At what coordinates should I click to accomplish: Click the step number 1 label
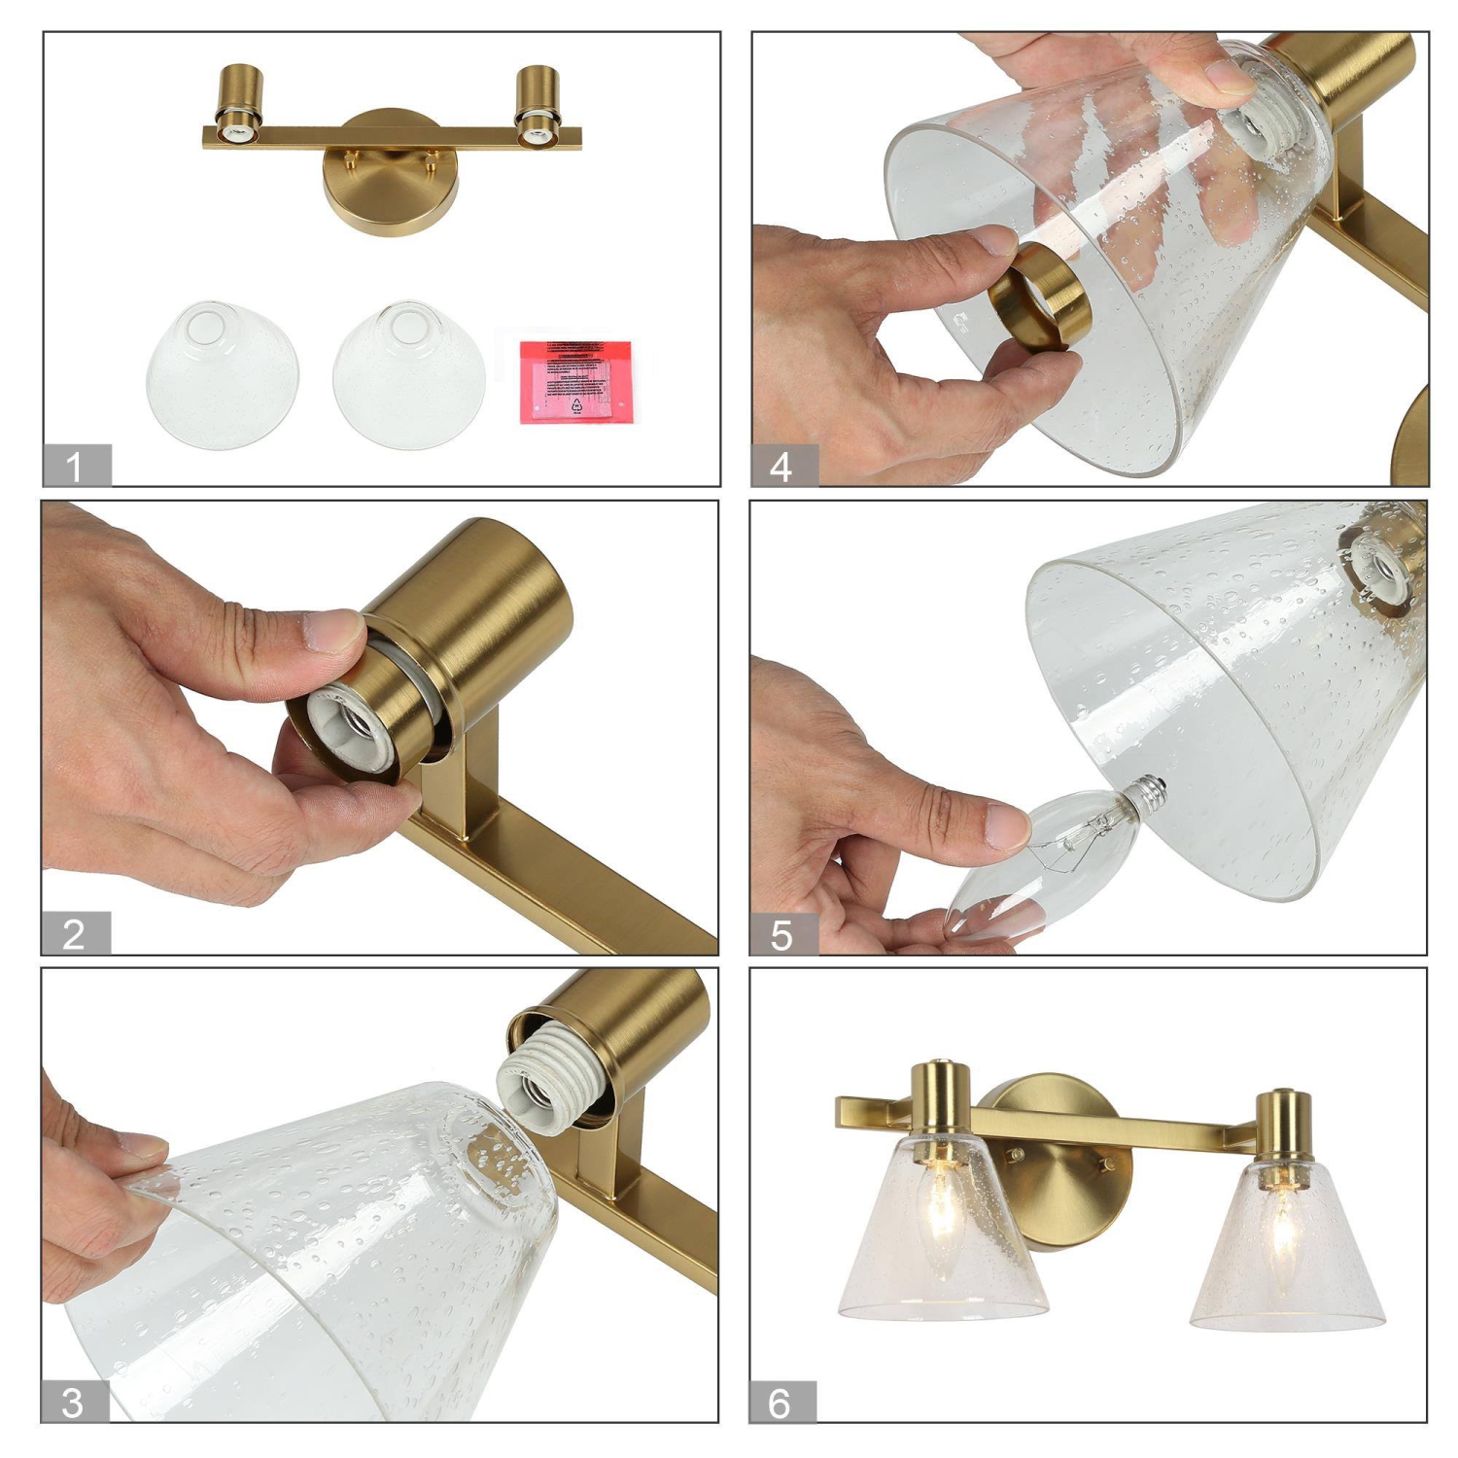(x=76, y=466)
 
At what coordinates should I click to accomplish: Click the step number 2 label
(x=75, y=933)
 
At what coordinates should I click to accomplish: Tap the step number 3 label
(x=73, y=1402)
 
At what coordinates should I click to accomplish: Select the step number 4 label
(x=782, y=467)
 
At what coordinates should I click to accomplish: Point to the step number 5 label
(x=781, y=934)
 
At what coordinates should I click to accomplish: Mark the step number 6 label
(x=781, y=1402)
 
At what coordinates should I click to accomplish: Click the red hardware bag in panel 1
(x=575, y=380)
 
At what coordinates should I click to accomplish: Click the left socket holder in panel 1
(x=237, y=105)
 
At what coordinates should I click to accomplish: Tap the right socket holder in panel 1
(x=537, y=105)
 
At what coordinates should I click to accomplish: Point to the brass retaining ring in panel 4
(x=1038, y=296)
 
